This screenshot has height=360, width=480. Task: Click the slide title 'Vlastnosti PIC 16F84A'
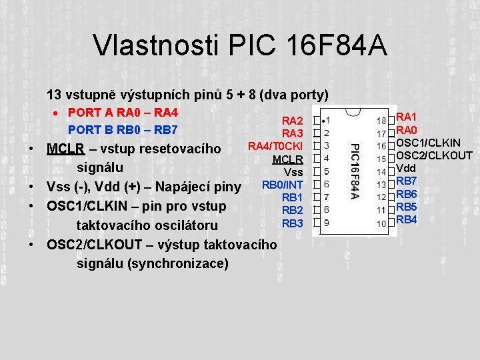coord(240,45)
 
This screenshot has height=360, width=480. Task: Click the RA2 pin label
coord(293,121)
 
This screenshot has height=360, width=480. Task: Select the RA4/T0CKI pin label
coord(276,146)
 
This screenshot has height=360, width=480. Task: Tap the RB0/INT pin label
coord(283,185)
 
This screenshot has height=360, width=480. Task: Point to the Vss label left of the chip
coord(294,172)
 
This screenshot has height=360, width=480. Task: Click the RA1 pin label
coord(407,117)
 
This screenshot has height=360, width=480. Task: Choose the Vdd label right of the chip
coord(406,168)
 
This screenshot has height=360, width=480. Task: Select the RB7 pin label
coord(407,181)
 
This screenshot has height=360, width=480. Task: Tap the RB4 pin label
coord(407,219)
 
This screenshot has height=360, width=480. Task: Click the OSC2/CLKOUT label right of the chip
coord(434,155)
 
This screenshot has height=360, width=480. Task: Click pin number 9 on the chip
coord(325,222)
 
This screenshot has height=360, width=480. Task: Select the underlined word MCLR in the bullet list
coord(61,148)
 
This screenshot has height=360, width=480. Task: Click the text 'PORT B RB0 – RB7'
coord(123,129)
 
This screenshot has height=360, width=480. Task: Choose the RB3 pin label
coord(293,223)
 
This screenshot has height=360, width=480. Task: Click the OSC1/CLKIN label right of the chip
coord(428,143)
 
